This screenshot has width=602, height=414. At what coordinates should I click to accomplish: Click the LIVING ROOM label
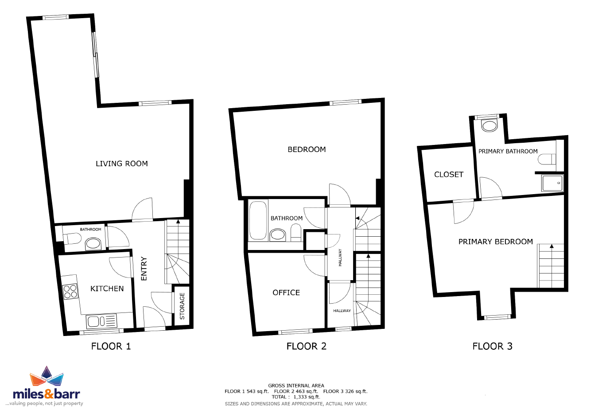point(122,164)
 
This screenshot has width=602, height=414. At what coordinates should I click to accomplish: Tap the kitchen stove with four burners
point(70,292)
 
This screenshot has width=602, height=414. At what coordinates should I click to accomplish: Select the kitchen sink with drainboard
point(101,321)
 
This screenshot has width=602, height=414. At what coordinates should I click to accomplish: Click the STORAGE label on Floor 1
point(182,306)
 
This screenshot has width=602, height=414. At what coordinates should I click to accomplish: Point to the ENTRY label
point(144,269)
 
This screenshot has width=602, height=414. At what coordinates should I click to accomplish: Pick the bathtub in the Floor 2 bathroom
point(258,220)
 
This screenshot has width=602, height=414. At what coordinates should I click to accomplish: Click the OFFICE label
point(286,293)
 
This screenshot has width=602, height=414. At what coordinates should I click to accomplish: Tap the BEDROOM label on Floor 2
point(307,149)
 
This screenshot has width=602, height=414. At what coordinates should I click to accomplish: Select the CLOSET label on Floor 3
point(449,175)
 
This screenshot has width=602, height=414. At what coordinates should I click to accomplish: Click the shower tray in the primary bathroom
point(552,183)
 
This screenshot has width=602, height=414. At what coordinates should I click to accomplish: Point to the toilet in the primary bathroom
point(547,159)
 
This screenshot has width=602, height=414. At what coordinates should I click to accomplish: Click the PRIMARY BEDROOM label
point(496,242)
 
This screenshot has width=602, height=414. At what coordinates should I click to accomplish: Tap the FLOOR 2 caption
point(307,346)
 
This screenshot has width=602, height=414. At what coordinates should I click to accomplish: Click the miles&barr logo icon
point(47,376)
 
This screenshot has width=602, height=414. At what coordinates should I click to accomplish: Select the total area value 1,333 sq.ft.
point(307,397)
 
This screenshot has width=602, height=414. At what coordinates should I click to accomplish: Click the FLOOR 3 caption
point(492,346)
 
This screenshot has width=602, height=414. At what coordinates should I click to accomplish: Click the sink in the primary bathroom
point(489,125)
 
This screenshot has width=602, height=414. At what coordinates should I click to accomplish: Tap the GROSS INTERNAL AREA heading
point(296,386)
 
